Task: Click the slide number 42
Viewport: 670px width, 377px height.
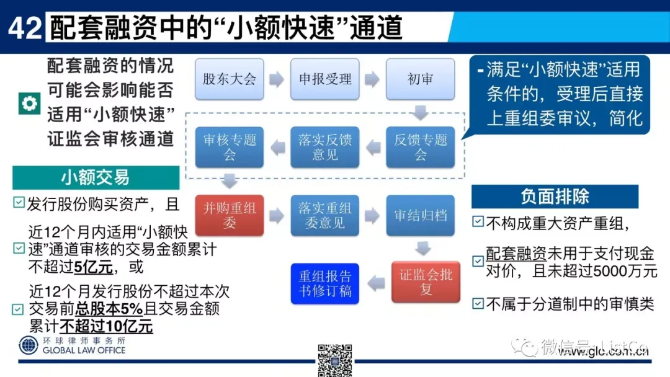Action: point(25,28)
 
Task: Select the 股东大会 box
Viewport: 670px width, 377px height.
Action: point(230,79)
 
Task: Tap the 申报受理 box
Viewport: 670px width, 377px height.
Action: point(325,79)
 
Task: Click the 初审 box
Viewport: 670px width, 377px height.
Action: point(420,79)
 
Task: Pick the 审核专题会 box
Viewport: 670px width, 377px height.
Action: point(230,147)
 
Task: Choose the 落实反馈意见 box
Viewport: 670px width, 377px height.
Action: point(325,147)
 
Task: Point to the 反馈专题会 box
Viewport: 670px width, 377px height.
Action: point(420,147)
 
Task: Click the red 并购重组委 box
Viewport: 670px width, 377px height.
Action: point(230,215)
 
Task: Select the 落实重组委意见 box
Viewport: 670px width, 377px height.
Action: point(325,215)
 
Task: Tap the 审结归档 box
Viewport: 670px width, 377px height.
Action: point(420,215)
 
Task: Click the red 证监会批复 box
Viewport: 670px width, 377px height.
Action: point(426,282)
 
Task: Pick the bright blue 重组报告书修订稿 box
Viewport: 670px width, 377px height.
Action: point(325,283)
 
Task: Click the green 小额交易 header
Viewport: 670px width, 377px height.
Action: point(96,178)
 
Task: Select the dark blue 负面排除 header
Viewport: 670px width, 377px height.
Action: point(555,197)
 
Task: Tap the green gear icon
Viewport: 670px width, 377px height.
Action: point(27,104)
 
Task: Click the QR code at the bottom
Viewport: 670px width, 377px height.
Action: point(335,360)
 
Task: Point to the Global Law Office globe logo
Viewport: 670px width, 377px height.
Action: point(29,345)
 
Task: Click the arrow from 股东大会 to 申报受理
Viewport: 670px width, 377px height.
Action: point(277,79)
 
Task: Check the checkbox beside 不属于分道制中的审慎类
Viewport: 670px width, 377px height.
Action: point(478,304)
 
